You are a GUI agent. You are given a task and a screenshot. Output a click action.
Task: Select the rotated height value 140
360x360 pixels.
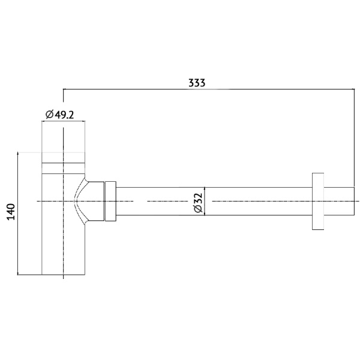coord(10,213)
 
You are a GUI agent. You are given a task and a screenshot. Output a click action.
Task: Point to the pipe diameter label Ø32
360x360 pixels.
coord(198,202)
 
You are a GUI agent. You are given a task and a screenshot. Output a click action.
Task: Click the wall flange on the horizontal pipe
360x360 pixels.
coord(318,201)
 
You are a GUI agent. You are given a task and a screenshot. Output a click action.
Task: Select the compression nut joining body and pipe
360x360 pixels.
coord(109,201)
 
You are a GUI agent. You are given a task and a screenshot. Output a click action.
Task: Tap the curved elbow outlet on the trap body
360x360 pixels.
coord(84,201)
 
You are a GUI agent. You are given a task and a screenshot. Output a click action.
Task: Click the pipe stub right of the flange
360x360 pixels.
coord(340,201)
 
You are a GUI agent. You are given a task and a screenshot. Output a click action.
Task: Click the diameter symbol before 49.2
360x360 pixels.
coord(49,115)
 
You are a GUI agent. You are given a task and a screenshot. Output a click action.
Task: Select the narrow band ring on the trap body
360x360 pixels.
coord(63,167)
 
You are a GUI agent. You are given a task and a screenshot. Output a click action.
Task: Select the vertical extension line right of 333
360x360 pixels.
coord(354,138)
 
